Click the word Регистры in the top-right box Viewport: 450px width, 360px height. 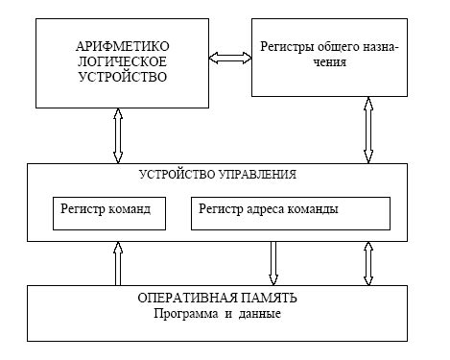286,45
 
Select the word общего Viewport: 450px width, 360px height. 335,45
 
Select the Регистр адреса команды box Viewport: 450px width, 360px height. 291,213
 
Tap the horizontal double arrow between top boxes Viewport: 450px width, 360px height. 231,59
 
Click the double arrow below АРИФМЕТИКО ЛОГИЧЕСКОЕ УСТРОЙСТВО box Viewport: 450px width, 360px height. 118,135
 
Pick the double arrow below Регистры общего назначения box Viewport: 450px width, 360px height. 367,130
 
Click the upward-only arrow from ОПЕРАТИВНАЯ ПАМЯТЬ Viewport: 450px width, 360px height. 118,262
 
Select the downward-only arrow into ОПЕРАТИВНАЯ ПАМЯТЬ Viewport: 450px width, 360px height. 273,262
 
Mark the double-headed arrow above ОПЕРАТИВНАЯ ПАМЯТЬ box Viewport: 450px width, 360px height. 367,262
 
